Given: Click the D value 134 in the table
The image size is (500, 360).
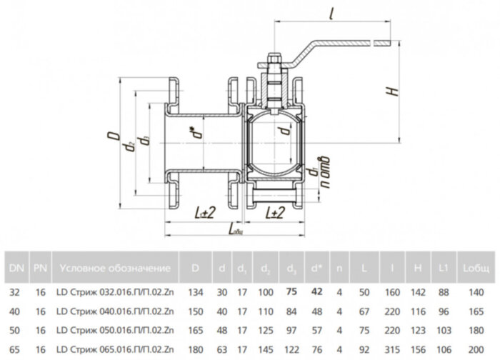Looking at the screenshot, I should click(194, 291).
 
